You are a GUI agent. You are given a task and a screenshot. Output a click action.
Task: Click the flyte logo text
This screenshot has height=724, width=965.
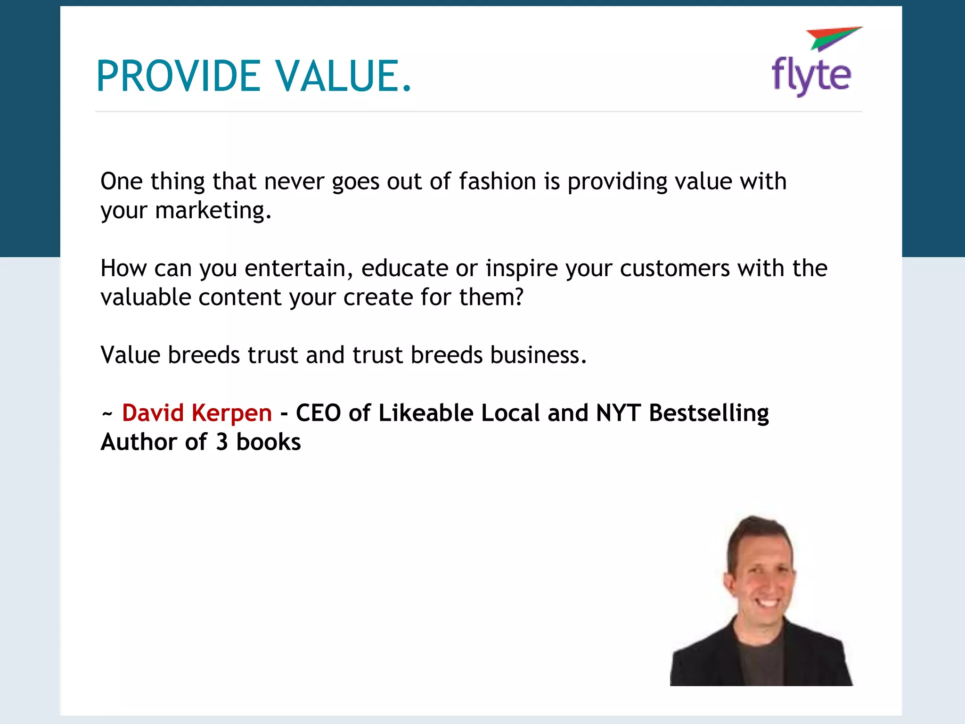811,75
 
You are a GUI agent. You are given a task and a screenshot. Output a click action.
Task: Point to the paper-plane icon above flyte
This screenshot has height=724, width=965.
833,38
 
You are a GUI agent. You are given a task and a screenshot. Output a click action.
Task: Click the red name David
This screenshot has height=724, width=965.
153,413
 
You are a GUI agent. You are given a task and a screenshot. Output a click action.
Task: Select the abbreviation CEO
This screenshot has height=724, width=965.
318,413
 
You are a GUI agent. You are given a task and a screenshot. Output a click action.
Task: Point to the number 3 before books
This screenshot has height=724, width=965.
222,442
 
